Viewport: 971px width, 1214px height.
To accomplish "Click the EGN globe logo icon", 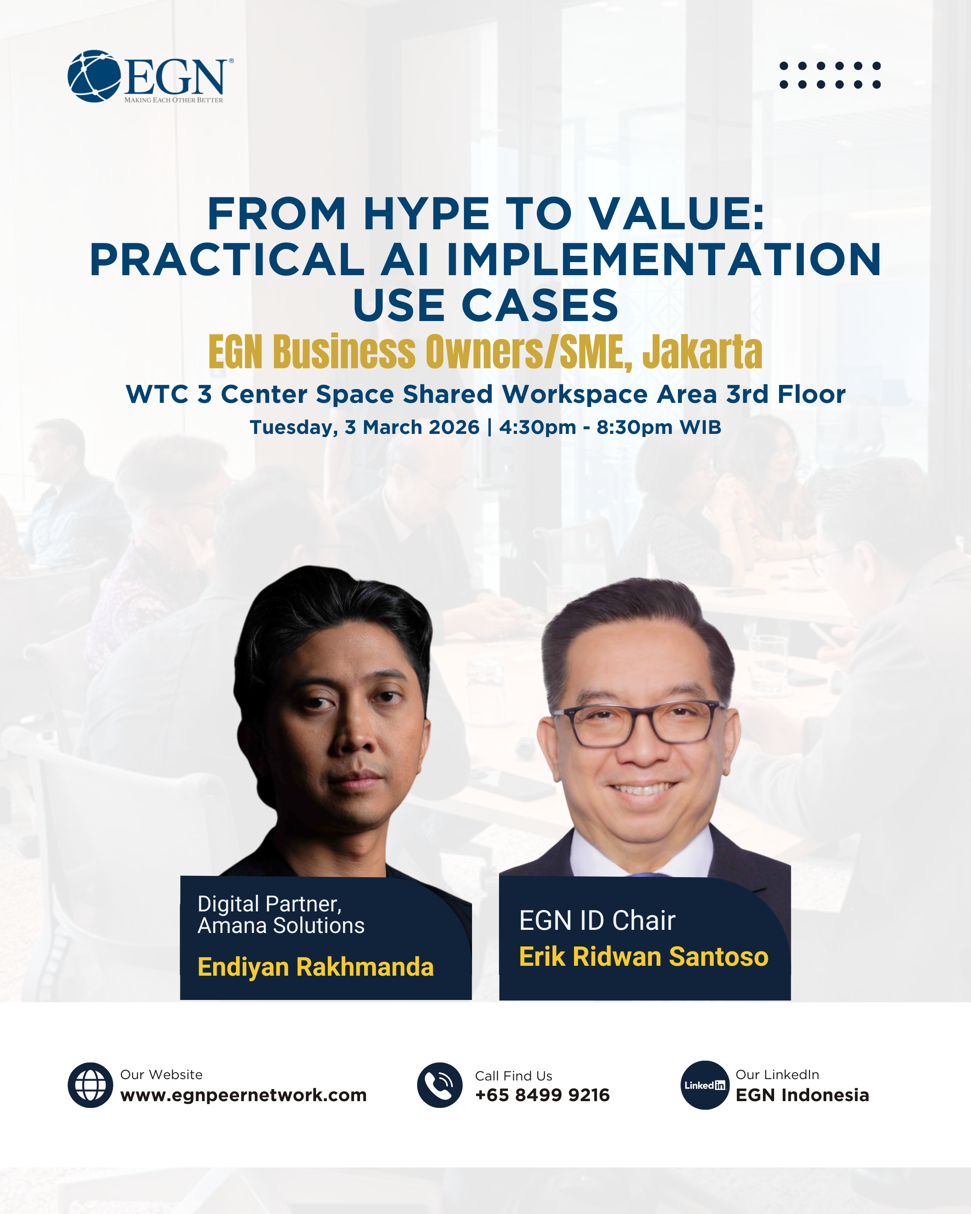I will tap(94, 76).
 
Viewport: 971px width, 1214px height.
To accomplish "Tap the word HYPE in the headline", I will tap(426, 214).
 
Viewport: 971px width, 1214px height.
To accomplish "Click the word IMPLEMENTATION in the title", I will tap(664, 260).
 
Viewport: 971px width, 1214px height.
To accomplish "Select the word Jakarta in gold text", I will tap(702, 353).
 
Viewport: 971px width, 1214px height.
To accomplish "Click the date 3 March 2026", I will tap(412, 428).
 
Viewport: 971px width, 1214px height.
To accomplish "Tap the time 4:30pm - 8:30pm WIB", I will tap(610, 428).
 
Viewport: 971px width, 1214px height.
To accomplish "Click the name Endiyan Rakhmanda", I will tap(315, 967).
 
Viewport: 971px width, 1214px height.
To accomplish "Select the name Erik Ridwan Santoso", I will tap(643, 957).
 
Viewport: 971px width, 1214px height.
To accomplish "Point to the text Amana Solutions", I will tap(281, 926).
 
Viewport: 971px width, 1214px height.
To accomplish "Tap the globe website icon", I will tap(90, 1085).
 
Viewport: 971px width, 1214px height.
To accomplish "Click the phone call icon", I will tap(439, 1085).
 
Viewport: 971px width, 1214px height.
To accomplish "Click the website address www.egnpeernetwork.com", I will tap(243, 1095).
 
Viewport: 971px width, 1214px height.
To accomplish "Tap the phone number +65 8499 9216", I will tap(542, 1095).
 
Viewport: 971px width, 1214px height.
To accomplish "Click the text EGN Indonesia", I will tap(802, 1095).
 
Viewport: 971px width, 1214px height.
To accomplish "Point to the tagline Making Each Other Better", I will tap(174, 100).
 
